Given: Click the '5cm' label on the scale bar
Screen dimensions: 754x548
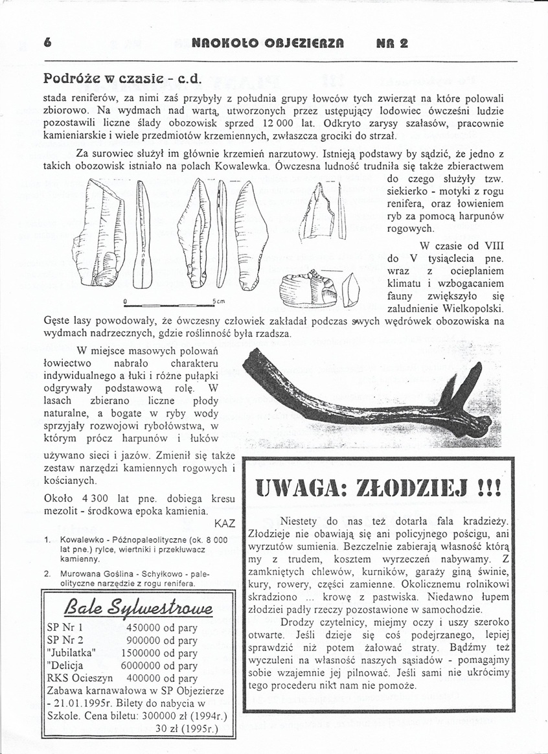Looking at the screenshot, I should click(217, 301).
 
